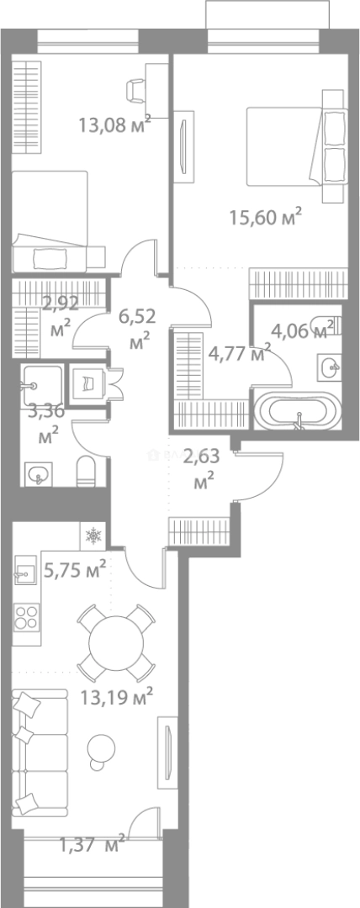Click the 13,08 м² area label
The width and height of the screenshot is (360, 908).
coord(115,124)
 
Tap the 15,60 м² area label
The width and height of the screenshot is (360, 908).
coord(266,218)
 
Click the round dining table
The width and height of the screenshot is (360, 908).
coord(116,642)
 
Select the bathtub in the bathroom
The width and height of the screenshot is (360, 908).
coord(298,411)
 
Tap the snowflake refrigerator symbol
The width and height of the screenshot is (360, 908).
coord(93,536)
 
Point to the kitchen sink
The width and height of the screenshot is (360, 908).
coord(24,573)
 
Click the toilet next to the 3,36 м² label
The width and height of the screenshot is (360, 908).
coord(87,470)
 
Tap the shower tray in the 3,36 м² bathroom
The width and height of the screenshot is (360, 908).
coord(42,385)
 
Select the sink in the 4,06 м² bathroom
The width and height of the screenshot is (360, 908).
coord(329,367)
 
